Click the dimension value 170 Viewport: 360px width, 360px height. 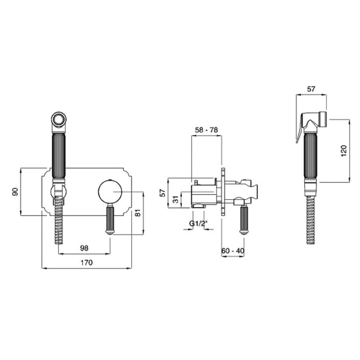(86, 262)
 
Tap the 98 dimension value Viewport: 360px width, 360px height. (84, 248)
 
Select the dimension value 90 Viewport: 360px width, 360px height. (15, 192)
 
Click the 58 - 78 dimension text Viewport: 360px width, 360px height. (207, 130)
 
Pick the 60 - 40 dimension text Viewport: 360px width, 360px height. (233, 251)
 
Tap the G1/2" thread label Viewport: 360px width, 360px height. (198, 223)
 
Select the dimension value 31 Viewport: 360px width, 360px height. (175, 199)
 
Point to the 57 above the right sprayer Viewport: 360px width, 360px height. (311, 89)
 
